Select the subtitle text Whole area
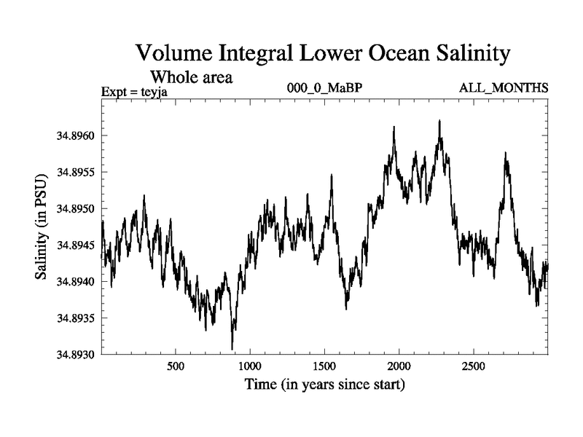[191, 76]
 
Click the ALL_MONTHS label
[504, 88]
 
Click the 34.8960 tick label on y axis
[72, 136]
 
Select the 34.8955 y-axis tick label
[72, 173]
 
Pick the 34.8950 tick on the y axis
[72, 209]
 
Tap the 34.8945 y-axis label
[72, 245]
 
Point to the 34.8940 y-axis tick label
[72, 282]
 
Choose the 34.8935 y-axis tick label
[72, 318]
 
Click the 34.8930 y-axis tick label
[72, 355]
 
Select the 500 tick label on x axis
[175, 366]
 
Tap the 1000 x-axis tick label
[250, 366]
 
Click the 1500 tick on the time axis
[324, 366]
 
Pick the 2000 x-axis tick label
[399, 366]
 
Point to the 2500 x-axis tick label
[474, 366]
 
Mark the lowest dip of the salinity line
[232, 349]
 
